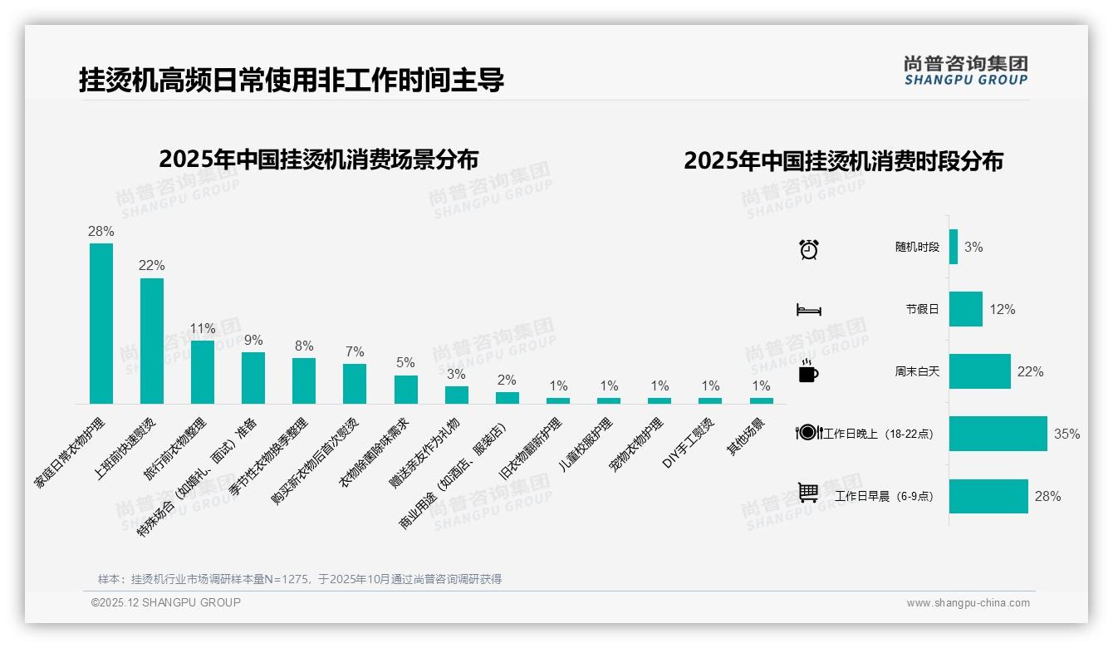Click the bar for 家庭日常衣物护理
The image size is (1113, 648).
click(x=101, y=323)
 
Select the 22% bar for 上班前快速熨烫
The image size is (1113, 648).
click(x=152, y=341)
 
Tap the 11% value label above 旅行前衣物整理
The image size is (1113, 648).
click(x=203, y=328)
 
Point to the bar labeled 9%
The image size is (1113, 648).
click(x=253, y=378)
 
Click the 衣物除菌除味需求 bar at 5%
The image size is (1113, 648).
click(x=405, y=390)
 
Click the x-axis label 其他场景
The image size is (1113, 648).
click(x=745, y=436)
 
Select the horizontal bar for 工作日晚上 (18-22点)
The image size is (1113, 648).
click(x=998, y=434)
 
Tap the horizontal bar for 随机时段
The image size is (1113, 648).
click(x=954, y=247)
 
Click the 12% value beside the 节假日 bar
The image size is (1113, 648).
click(x=1002, y=309)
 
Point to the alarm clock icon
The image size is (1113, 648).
click(x=809, y=248)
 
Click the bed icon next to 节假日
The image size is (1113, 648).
click(x=809, y=310)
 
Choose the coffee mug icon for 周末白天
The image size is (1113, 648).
click(x=808, y=372)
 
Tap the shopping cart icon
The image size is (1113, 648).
click(x=808, y=493)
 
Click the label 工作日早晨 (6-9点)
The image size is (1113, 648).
click(x=884, y=497)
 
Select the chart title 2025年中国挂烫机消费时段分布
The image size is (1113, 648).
click(x=843, y=160)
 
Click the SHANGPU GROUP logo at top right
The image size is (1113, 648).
click(x=966, y=71)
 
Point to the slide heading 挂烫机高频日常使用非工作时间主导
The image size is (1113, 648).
click(x=292, y=81)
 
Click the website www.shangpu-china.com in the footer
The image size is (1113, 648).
click(x=968, y=603)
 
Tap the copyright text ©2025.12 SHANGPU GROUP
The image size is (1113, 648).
click(x=166, y=602)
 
